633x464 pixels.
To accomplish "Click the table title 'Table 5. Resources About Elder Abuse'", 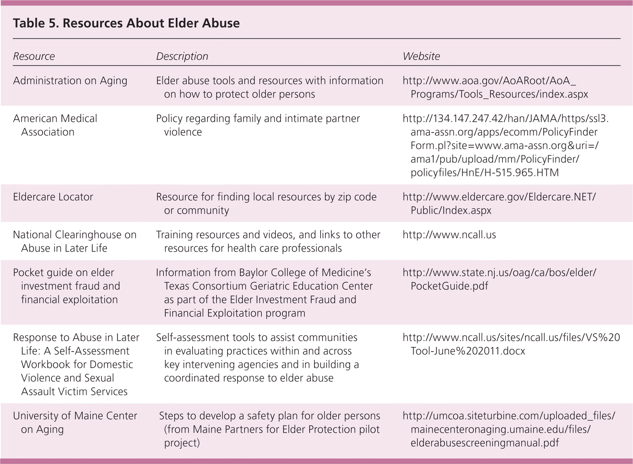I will point(126,23).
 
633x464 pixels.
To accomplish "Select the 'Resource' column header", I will point(34,56).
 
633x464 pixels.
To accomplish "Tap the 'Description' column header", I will point(182,56).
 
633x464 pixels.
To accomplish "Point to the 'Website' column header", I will point(421,56).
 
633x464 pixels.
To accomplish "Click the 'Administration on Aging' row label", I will point(70,81).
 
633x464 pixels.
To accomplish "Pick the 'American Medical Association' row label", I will point(55,125).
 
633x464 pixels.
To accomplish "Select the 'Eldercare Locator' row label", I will point(53,197).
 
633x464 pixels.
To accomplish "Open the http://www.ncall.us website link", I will point(449,235).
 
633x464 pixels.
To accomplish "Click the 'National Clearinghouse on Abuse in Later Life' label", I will point(75,241).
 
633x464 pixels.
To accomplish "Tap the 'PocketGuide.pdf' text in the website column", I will point(449,286).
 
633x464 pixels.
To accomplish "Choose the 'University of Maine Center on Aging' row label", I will point(75,422).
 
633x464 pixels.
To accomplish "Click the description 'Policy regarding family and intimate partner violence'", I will point(258,125).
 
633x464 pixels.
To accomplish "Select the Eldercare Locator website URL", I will point(499,203).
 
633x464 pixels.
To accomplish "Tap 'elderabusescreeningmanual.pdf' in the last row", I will point(485,443).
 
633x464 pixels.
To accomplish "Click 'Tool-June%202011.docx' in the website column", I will point(468,351).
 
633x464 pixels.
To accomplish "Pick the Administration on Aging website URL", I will point(495,87).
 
